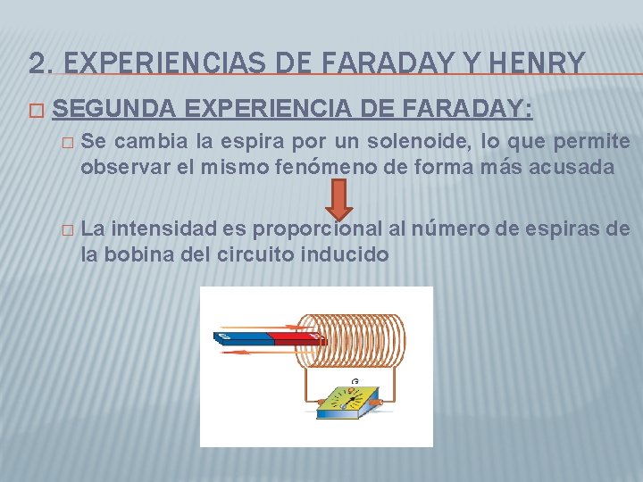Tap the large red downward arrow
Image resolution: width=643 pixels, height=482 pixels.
(x=338, y=197)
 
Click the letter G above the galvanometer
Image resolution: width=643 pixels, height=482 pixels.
(x=355, y=381)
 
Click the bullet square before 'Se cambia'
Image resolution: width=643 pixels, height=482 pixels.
(x=63, y=142)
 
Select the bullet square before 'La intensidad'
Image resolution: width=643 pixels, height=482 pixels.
(x=63, y=230)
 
